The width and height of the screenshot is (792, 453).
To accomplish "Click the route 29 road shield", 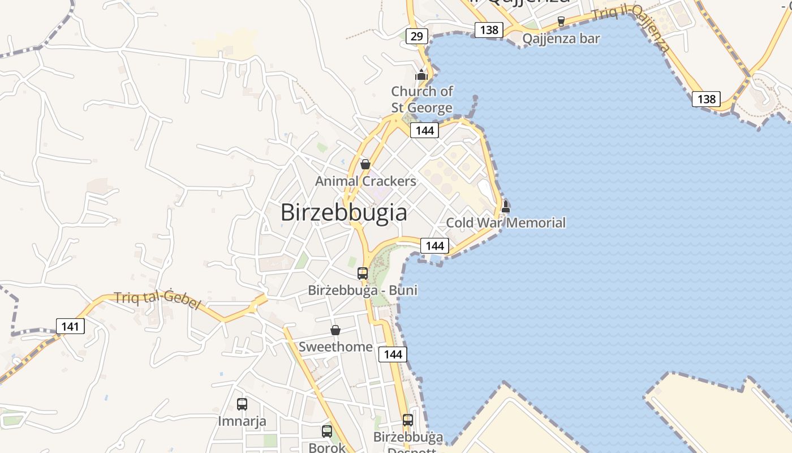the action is (x=416, y=37).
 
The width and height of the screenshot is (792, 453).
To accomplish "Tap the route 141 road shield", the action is (x=70, y=326).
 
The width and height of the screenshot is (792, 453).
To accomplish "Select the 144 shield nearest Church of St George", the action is (x=424, y=131).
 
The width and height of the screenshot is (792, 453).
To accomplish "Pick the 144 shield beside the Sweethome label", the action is (x=393, y=354).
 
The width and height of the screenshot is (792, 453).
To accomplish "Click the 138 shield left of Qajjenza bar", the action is (x=489, y=29).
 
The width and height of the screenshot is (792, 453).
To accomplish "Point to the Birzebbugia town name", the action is (x=343, y=212).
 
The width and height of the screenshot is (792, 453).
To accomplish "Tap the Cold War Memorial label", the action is (x=506, y=223).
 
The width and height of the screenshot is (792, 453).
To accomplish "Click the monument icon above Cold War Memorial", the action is (x=506, y=207).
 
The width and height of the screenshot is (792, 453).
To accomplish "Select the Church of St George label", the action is (x=422, y=100).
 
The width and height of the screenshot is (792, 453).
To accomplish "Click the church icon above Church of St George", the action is (x=421, y=75).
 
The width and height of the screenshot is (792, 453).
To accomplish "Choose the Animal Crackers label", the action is (x=365, y=181).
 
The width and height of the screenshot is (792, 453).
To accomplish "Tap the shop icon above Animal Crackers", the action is (x=365, y=164).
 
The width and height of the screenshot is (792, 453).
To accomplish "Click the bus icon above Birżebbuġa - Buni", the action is (x=363, y=273).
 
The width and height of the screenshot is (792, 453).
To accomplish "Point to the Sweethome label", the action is (x=335, y=347).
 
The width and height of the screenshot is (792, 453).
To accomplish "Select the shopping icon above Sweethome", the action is (x=335, y=330).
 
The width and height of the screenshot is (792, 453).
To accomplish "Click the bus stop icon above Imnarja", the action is (x=242, y=404).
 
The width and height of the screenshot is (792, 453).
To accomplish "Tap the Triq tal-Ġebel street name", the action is (x=157, y=300).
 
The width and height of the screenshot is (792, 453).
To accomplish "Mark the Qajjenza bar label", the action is (x=561, y=39).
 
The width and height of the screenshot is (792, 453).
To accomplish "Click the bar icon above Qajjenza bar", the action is (x=561, y=22).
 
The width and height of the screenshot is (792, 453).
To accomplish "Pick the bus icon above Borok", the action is (x=327, y=431).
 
